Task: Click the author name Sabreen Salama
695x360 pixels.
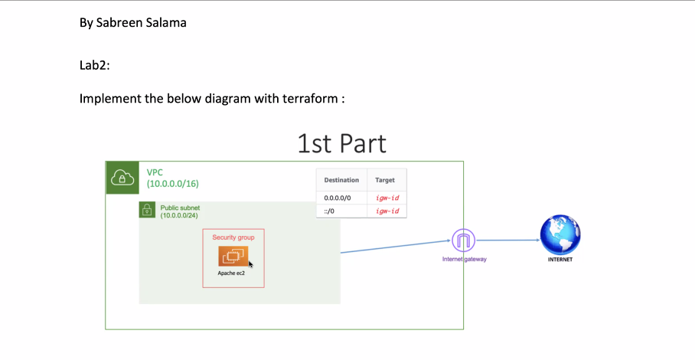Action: point(142,22)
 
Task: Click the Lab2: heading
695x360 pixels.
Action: point(94,65)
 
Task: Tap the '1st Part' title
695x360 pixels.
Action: point(341,143)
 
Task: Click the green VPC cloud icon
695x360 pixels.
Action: point(122,178)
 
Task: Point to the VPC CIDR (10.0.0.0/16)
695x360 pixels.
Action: point(172,184)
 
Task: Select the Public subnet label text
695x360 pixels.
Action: point(180,208)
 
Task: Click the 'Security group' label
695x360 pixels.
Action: point(233,237)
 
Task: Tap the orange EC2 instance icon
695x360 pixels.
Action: point(233,257)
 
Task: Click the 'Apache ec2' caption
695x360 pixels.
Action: point(232,273)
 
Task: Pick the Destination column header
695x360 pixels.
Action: point(341,180)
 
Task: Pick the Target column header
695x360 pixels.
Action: point(385,180)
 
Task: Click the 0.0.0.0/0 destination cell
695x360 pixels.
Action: point(338,198)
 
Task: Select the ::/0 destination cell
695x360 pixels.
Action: point(330,210)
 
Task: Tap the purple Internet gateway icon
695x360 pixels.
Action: point(464,241)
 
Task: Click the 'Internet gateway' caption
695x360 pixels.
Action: point(464,259)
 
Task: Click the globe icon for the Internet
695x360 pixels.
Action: point(560,234)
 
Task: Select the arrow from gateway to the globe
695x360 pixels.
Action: point(507,240)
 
